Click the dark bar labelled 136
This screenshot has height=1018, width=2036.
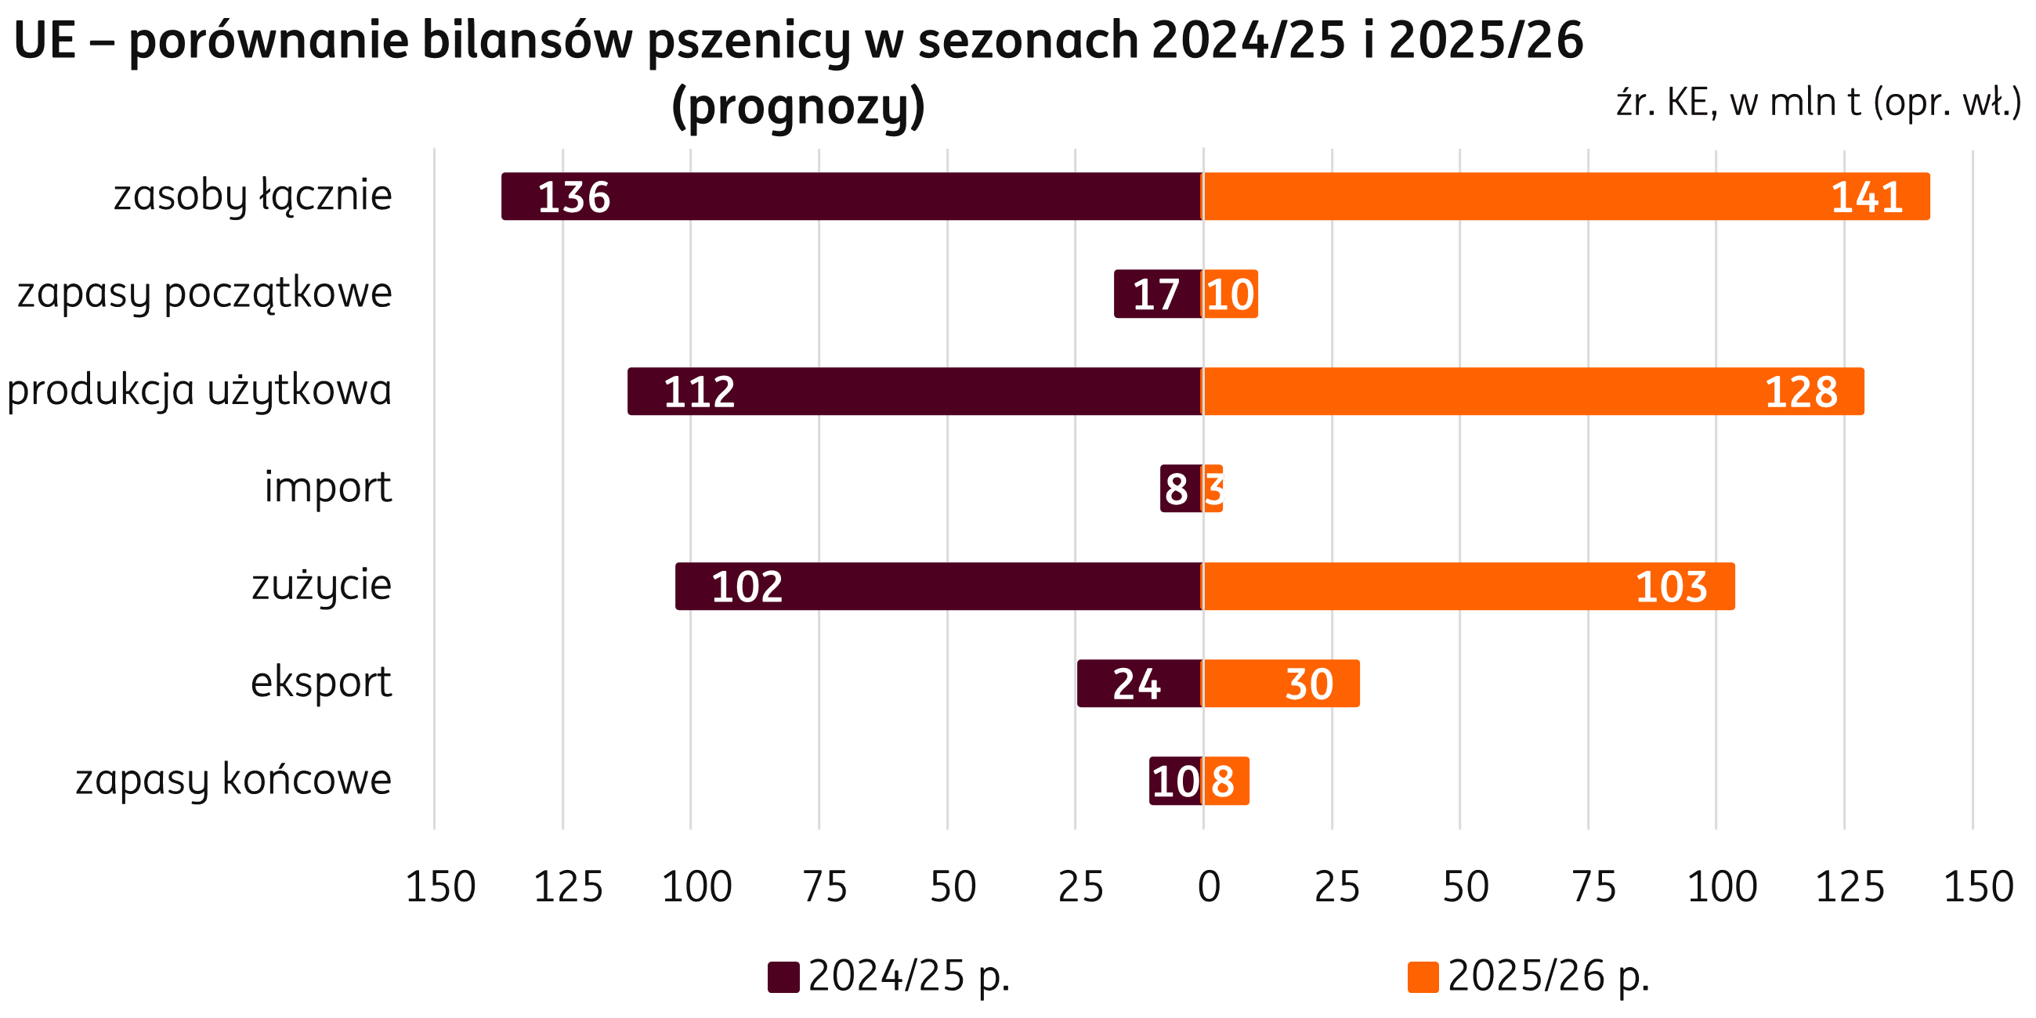(851, 196)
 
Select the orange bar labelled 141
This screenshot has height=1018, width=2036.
(1565, 196)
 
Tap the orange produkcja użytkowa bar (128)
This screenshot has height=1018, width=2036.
(1532, 392)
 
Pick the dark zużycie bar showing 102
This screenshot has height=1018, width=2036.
(938, 587)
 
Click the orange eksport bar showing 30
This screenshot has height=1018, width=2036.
(1280, 684)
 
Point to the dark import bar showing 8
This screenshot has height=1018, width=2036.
(1181, 489)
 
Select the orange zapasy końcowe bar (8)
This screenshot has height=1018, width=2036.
(1226, 781)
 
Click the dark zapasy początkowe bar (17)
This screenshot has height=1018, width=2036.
(1157, 294)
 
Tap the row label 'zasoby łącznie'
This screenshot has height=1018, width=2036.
(252, 196)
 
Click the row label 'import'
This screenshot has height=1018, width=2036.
(327, 487)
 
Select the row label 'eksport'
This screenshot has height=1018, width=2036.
(321, 682)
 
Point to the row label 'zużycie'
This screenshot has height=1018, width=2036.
(321, 586)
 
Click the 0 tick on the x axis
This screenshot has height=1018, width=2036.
(1209, 886)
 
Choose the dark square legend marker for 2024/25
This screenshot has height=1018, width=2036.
(783, 977)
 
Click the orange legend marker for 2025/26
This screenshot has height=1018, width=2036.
(1423, 977)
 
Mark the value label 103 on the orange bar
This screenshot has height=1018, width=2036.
(1671, 587)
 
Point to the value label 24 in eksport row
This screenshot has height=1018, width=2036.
(1137, 684)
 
